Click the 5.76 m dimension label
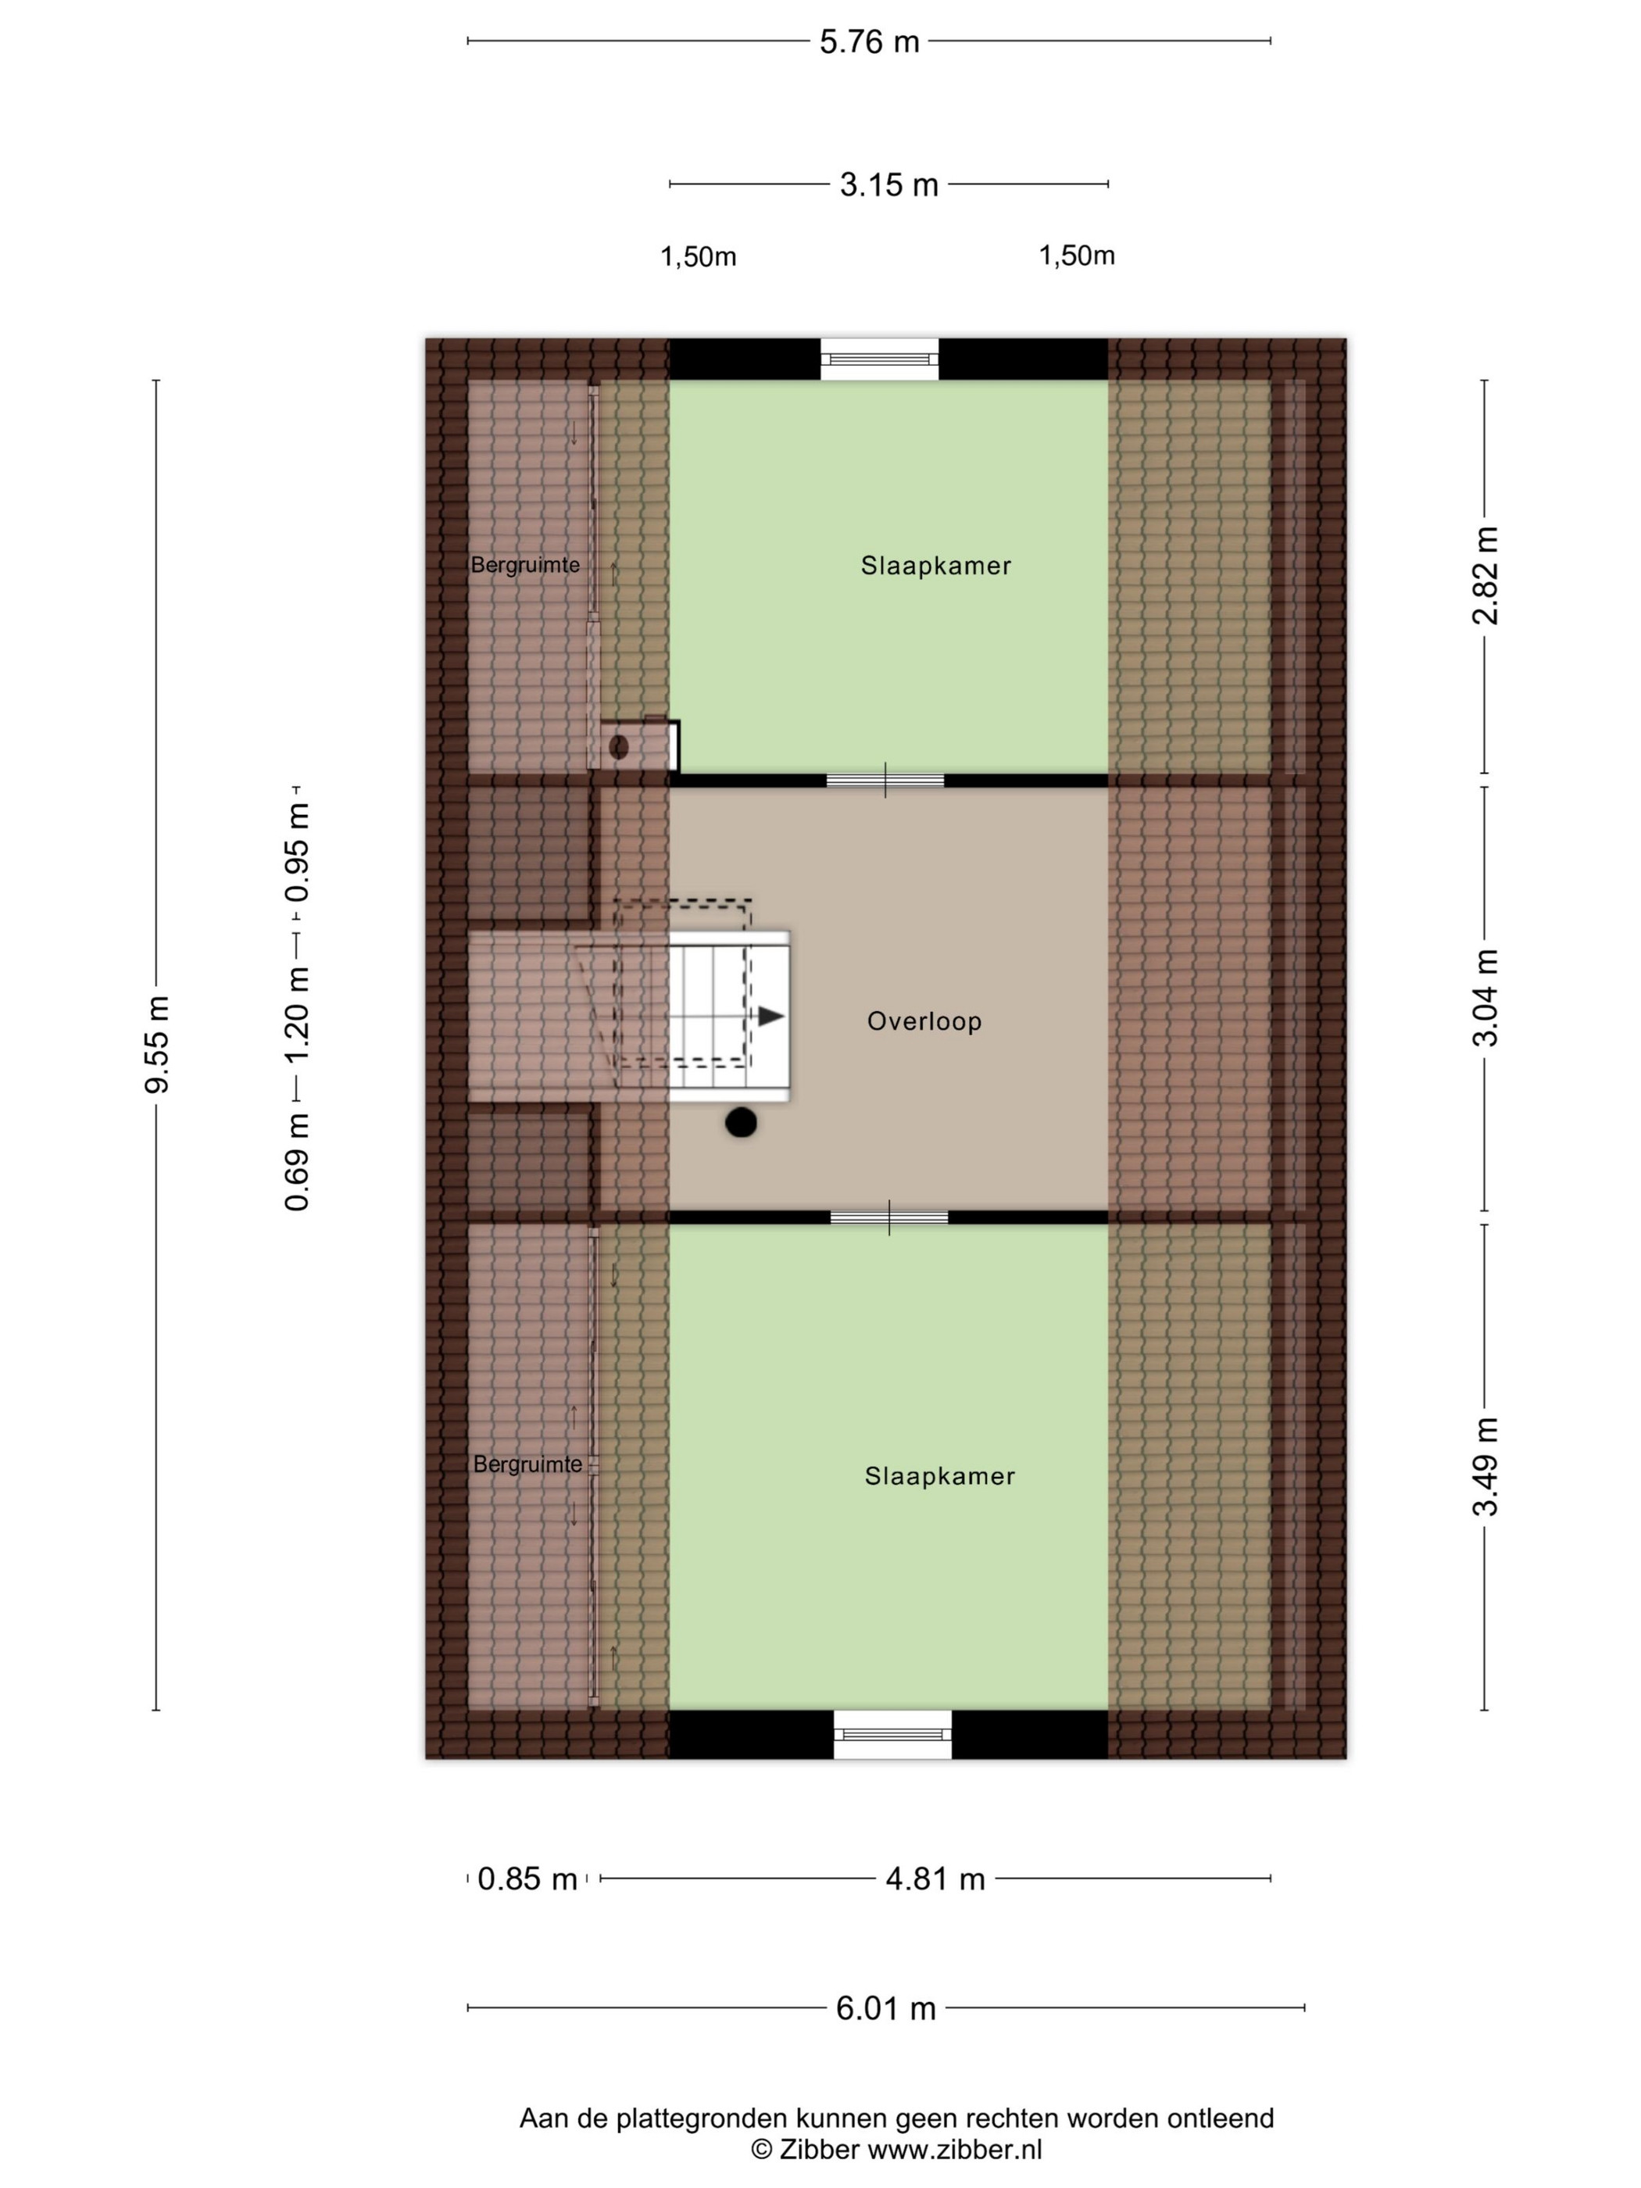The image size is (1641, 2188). [x=868, y=42]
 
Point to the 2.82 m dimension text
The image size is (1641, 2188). [x=1485, y=576]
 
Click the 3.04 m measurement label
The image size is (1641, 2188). [x=1485, y=997]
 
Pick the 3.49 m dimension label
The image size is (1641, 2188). [x=1485, y=1467]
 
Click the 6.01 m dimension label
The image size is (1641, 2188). [x=886, y=2009]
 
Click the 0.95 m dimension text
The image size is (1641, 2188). [x=298, y=853]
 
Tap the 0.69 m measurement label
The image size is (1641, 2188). [x=298, y=1161]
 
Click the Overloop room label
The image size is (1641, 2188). [x=924, y=1021]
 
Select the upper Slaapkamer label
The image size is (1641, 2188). [x=935, y=566]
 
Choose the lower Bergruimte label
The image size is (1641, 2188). [x=527, y=1464]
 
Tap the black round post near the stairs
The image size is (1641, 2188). [x=741, y=1123]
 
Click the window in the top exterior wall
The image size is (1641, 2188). [x=879, y=359]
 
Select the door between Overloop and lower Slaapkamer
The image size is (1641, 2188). [x=889, y=1217]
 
